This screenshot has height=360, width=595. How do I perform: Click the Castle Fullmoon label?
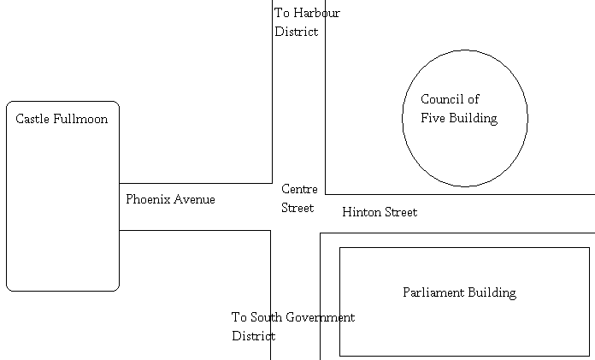point(62,119)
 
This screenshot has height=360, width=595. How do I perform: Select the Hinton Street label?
point(379,212)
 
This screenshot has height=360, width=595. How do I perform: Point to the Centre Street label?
point(299,198)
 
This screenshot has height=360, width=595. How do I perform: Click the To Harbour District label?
point(306,22)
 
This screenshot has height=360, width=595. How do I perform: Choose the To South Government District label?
point(292,327)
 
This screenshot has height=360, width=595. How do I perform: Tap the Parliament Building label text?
point(459,292)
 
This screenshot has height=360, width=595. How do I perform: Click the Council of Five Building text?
point(458,109)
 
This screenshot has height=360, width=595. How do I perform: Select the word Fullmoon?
point(81,119)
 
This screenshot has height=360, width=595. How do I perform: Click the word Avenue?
point(196,199)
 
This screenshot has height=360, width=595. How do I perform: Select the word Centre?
point(299,189)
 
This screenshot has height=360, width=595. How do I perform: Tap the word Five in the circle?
point(433,119)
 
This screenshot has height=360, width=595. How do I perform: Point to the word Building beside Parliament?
point(492,292)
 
